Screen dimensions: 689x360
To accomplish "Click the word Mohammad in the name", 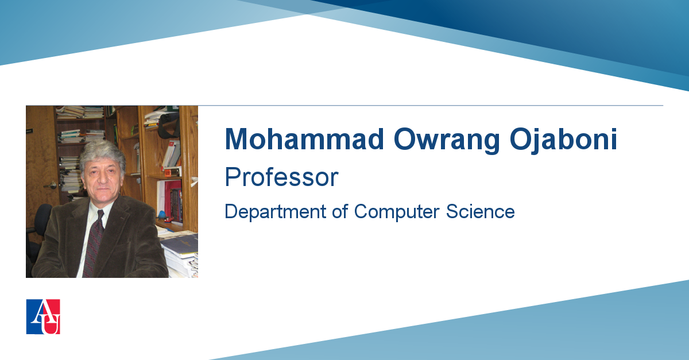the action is click(304, 139).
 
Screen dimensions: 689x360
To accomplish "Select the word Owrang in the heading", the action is click(447, 140).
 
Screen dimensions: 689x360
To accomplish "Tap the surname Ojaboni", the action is click(563, 140).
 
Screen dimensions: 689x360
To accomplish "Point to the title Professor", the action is click(281, 177).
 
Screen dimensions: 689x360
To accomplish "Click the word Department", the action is click(275, 212).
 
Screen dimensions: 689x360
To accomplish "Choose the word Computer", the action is click(397, 212).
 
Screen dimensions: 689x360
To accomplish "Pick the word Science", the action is click(480, 212).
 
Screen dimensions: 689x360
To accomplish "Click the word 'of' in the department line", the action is click(340, 211).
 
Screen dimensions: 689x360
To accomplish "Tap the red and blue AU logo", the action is click(43, 316).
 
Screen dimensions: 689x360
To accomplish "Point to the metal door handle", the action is click(51, 185).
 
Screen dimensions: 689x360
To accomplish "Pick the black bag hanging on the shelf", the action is click(169, 125).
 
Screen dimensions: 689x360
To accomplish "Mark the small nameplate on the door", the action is click(29, 131).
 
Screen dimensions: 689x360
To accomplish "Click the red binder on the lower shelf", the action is click(173, 200).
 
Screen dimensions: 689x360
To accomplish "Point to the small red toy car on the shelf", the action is click(169, 220).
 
